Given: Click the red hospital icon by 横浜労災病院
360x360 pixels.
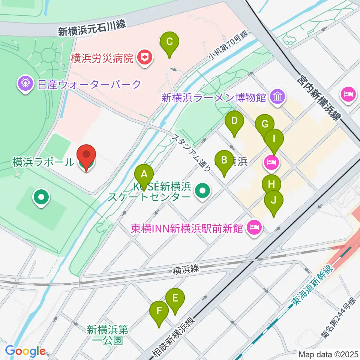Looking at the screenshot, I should pos(144,58).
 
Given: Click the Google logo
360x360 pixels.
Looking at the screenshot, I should pos(25,351).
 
